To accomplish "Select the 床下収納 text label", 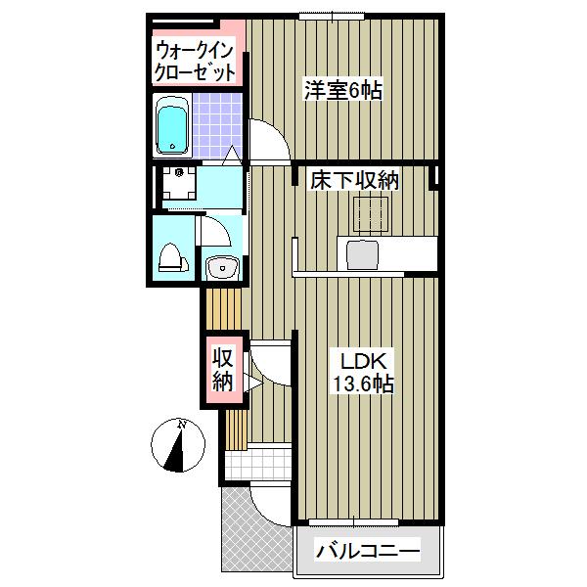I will click(355, 180).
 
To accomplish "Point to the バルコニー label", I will click(367, 551).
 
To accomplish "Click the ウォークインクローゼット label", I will click(196, 60).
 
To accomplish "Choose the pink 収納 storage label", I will click(222, 370).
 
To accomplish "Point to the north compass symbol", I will click(178, 445).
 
